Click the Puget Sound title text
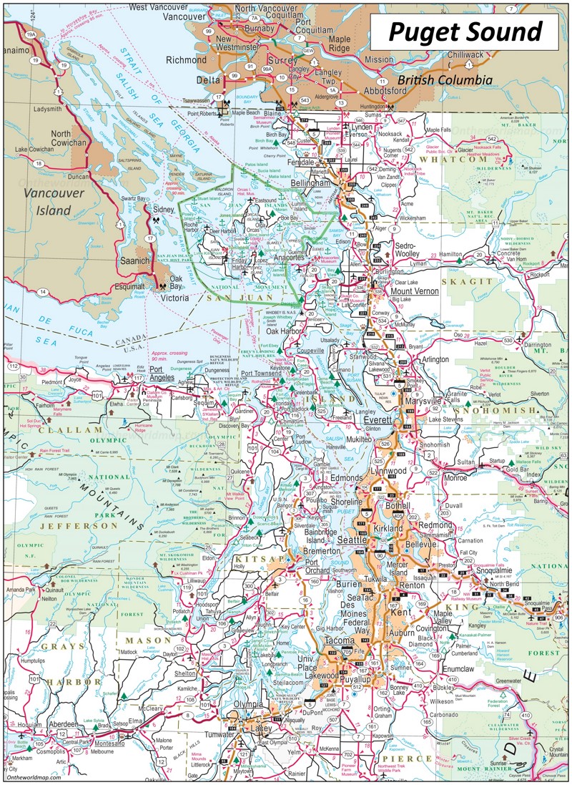(465, 32)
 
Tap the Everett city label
(371, 420)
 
